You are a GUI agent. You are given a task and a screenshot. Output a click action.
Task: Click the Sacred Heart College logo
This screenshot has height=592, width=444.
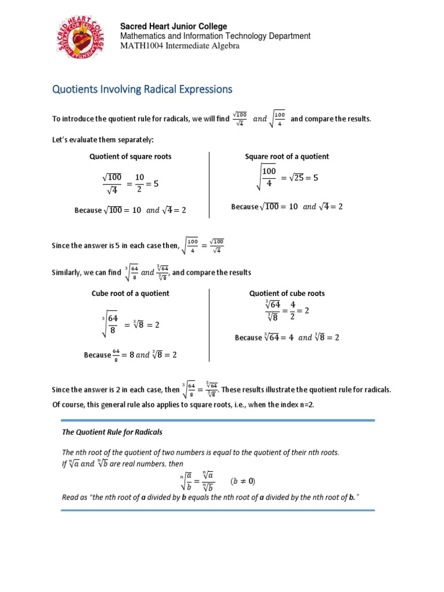(80, 45)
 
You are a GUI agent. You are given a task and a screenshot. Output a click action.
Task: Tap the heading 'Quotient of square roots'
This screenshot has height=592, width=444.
(130, 157)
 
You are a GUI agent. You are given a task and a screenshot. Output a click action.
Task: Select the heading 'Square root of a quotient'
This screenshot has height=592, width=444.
(287, 157)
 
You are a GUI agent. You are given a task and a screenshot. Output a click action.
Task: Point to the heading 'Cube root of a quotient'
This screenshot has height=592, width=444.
(131, 294)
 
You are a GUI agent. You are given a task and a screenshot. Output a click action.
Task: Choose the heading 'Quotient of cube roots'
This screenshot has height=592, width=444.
(287, 294)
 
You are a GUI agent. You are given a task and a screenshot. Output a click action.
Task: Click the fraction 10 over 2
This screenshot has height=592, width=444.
(139, 184)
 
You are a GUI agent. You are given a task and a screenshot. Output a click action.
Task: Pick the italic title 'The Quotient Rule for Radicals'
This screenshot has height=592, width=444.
(112, 432)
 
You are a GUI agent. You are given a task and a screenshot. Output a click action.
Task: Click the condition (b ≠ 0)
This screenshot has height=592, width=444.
(243, 481)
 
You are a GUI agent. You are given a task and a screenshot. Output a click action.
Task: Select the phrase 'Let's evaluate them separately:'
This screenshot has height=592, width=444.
(103, 140)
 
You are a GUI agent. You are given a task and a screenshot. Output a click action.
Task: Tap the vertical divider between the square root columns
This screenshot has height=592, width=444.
(209, 185)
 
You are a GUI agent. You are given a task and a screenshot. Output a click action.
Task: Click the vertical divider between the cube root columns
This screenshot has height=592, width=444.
(209, 325)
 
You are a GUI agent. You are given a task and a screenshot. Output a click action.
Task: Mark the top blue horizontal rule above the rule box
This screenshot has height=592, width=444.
(217, 420)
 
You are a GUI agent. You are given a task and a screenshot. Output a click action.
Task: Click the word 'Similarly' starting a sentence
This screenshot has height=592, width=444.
(68, 272)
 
